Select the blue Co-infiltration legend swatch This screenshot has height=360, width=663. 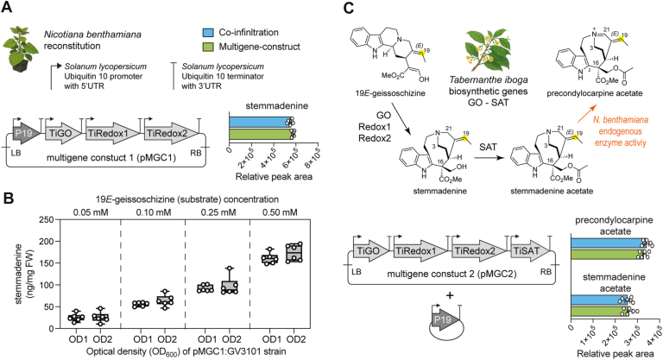click(x=208, y=33)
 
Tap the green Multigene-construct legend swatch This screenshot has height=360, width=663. click(x=208, y=47)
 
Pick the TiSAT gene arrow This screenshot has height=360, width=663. click(x=529, y=251)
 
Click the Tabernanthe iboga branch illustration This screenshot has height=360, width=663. click(x=489, y=52)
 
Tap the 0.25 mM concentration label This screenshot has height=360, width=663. click(x=218, y=212)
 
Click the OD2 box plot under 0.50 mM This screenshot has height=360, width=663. click(x=294, y=253)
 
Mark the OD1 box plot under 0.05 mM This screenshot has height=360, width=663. click(x=76, y=317)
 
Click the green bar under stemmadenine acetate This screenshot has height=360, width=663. click(x=600, y=312)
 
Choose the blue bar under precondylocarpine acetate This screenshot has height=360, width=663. click(x=609, y=243)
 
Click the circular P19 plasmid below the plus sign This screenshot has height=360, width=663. click(x=444, y=321)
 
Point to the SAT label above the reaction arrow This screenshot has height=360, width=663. click(x=488, y=148)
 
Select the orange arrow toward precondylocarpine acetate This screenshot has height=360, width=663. click(x=585, y=113)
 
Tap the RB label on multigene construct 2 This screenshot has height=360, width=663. click(x=546, y=272)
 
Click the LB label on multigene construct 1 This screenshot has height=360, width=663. click(x=16, y=152)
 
